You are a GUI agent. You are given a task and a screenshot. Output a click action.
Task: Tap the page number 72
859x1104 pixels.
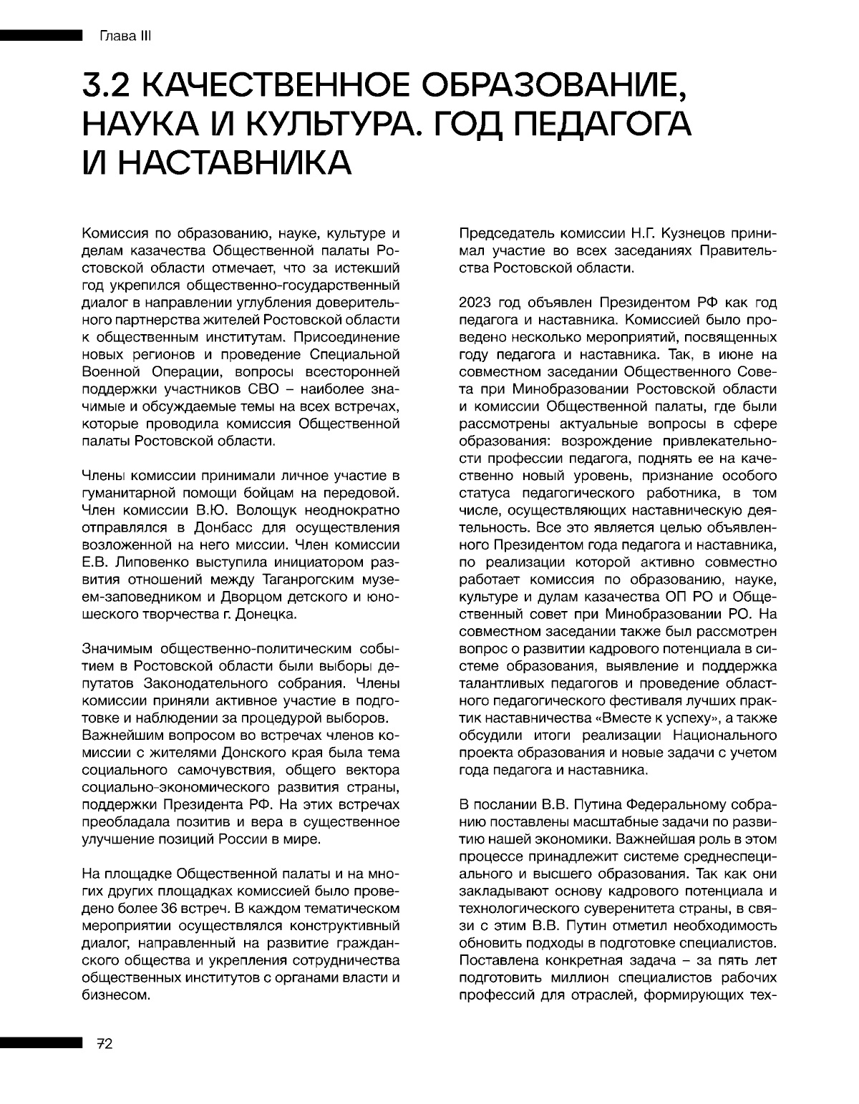[x=105, y=1044]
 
